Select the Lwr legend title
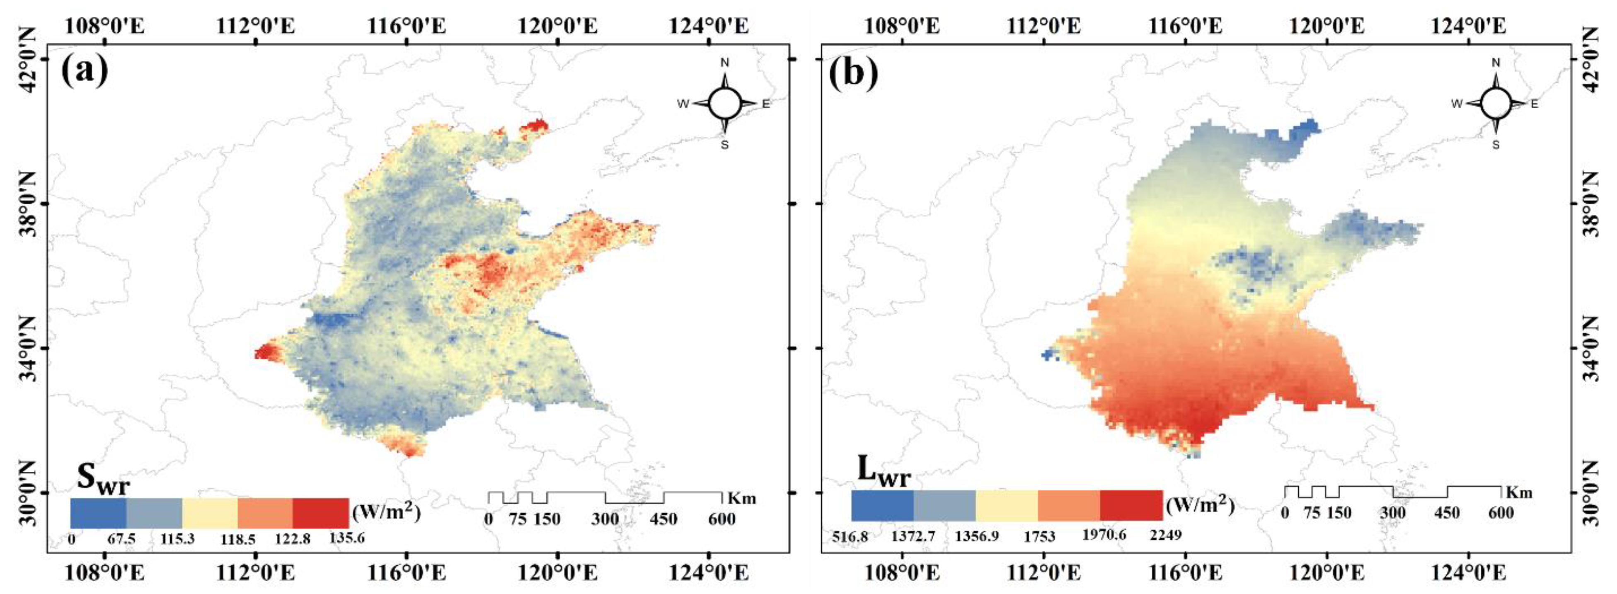coord(883,471)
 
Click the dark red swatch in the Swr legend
coord(320,513)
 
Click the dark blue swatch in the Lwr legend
coord(882,505)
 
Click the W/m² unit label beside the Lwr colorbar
coord(1200,505)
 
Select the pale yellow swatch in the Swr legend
coord(210,513)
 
